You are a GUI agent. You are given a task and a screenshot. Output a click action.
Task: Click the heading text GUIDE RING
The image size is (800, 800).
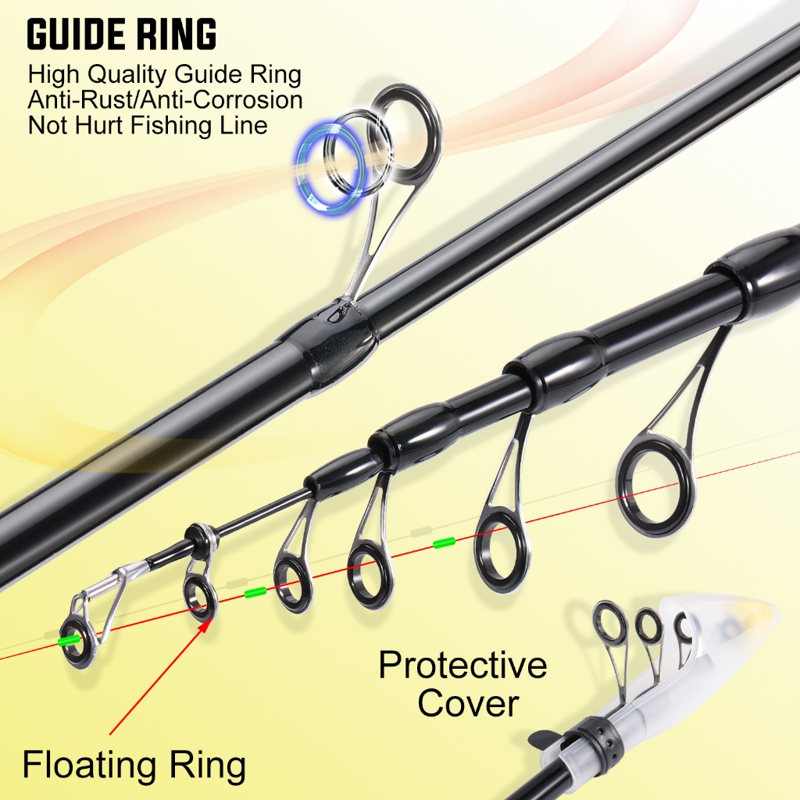[122, 34]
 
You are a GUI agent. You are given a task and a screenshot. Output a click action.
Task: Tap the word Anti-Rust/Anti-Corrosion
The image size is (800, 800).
[165, 100]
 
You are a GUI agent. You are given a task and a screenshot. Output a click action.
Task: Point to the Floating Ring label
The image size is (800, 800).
[134, 765]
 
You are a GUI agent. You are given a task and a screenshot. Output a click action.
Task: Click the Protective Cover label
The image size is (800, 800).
[462, 684]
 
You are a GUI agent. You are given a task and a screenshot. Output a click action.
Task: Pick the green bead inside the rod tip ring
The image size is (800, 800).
[70, 641]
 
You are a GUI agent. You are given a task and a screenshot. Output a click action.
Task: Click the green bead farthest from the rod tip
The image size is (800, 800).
[444, 542]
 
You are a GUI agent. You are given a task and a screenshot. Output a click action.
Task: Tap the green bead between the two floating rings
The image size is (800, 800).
[255, 592]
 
